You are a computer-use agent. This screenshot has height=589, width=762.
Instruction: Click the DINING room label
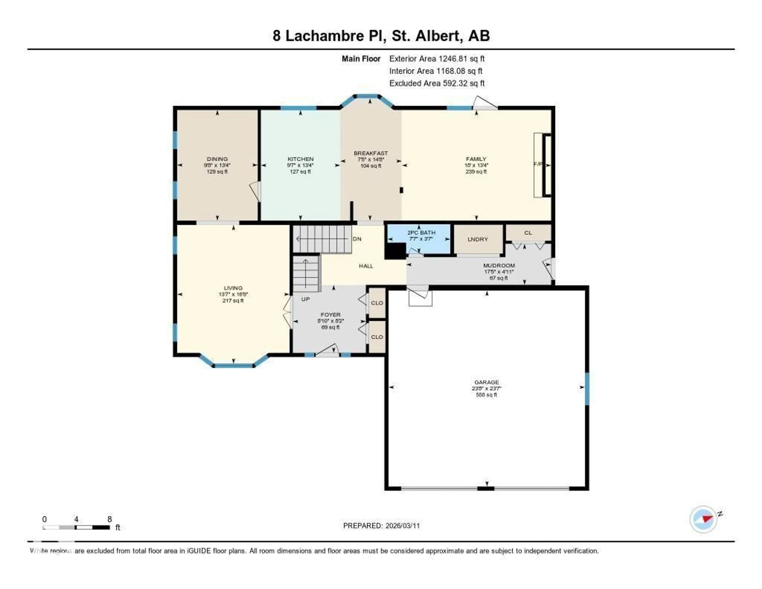pyautogui.click(x=217, y=159)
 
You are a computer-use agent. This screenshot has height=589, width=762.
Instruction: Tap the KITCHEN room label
pyautogui.click(x=300, y=159)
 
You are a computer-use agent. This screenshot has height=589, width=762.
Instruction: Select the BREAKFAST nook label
pyautogui.click(x=370, y=153)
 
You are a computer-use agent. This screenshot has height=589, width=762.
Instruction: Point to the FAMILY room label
pyautogui.click(x=476, y=159)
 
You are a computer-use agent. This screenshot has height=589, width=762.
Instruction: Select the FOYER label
pyautogui.click(x=330, y=315)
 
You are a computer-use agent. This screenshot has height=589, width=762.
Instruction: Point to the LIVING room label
pyautogui.click(x=233, y=288)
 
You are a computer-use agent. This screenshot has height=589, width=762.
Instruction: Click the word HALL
pyautogui.click(x=366, y=266)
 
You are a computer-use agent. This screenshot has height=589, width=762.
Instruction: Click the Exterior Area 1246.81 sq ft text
pyautogui.click(x=437, y=59)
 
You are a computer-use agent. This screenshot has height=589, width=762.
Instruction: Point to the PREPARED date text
pyautogui.click(x=381, y=526)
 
